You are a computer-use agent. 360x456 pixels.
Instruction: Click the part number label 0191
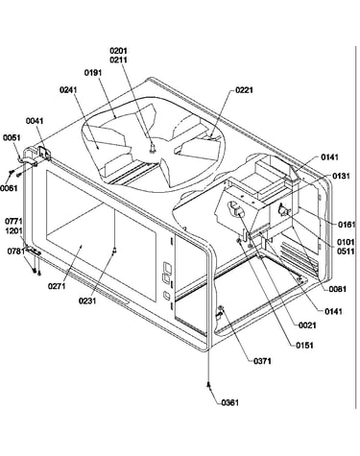click(93, 73)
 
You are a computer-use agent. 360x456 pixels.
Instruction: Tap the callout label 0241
click(68, 89)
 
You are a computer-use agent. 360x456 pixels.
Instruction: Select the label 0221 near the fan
click(244, 90)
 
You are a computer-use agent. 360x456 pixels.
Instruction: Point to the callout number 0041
click(35, 121)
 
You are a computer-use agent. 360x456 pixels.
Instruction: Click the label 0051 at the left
click(12, 137)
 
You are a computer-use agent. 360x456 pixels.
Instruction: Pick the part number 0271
click(57, 286)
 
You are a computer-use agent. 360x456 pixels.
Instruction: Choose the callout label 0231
click(87, 300)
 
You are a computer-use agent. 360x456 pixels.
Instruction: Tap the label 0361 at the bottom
click(230, 402)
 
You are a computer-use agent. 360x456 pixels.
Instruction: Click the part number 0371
click(262, 361)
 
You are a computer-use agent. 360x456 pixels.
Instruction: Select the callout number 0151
click(304, 346)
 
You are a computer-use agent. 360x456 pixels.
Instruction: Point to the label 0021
click(307, 325)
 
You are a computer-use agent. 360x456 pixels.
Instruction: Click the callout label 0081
click(338, 289)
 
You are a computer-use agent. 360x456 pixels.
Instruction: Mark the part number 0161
click(347, 225)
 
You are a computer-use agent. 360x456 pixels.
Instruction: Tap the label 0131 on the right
click(341, 176)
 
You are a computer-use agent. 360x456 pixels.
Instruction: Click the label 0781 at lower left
click(16, 252)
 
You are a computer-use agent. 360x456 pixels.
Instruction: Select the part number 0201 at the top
click(118, 51)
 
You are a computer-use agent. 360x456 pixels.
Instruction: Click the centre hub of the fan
click(154, 147)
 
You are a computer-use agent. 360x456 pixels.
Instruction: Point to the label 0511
click(346, 252)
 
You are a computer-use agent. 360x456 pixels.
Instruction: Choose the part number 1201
click(13, 230)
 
